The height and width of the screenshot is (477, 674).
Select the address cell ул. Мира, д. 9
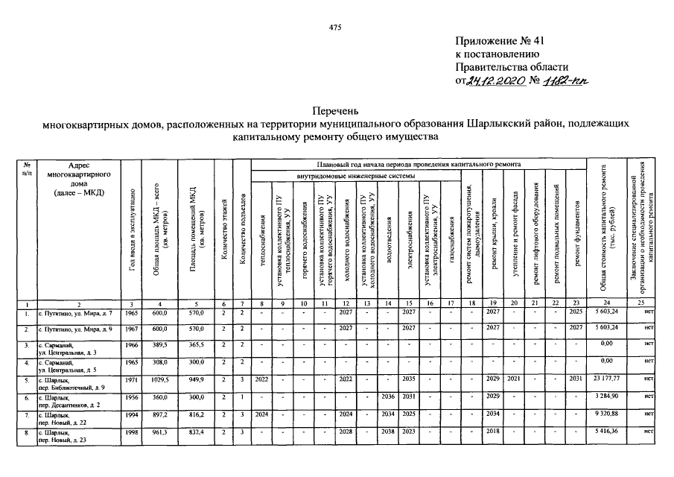click(x=78, y=329)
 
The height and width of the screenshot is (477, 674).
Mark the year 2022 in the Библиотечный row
click(x=261, y=379)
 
